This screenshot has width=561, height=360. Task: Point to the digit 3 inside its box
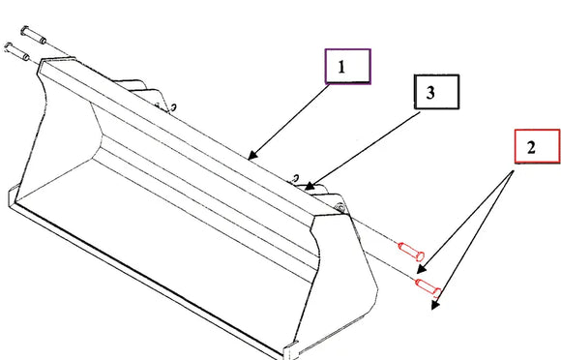430,93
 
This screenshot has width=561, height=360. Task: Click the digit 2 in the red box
531,147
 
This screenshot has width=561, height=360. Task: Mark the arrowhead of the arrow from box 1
252,155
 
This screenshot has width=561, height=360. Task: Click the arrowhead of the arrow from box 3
310,186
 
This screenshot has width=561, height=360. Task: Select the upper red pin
411,251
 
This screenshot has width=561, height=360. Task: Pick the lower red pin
428,286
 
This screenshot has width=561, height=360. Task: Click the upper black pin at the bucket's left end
33,35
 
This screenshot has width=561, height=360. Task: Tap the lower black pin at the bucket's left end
16,51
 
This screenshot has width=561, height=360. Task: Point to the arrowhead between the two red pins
422,269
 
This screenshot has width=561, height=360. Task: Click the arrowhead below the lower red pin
435,305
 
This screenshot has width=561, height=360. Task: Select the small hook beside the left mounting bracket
173,107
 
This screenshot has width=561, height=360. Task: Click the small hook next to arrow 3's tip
296,178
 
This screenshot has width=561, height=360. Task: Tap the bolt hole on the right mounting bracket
340,207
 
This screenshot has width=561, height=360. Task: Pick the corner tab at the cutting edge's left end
12,196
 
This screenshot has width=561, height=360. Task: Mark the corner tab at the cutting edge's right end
290,350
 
